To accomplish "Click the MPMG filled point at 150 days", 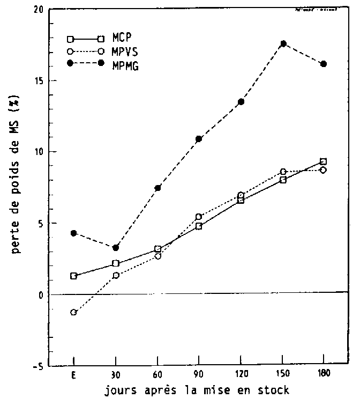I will click(283, 43).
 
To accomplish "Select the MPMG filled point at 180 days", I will click(324, 64).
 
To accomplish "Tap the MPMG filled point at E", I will click(73, 233).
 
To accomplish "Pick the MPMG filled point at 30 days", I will click(115, 247).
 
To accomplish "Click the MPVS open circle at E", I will click(73, 312).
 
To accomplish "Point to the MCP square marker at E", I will click(73, 276).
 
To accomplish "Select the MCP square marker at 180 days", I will click(324, 161).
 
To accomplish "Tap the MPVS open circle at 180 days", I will click(324, 169).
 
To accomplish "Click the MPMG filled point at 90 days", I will click(199, 139).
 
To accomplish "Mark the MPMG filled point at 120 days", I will click(241, 101).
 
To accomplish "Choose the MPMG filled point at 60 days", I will click(157, 188).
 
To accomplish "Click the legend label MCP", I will click(124, 39).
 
